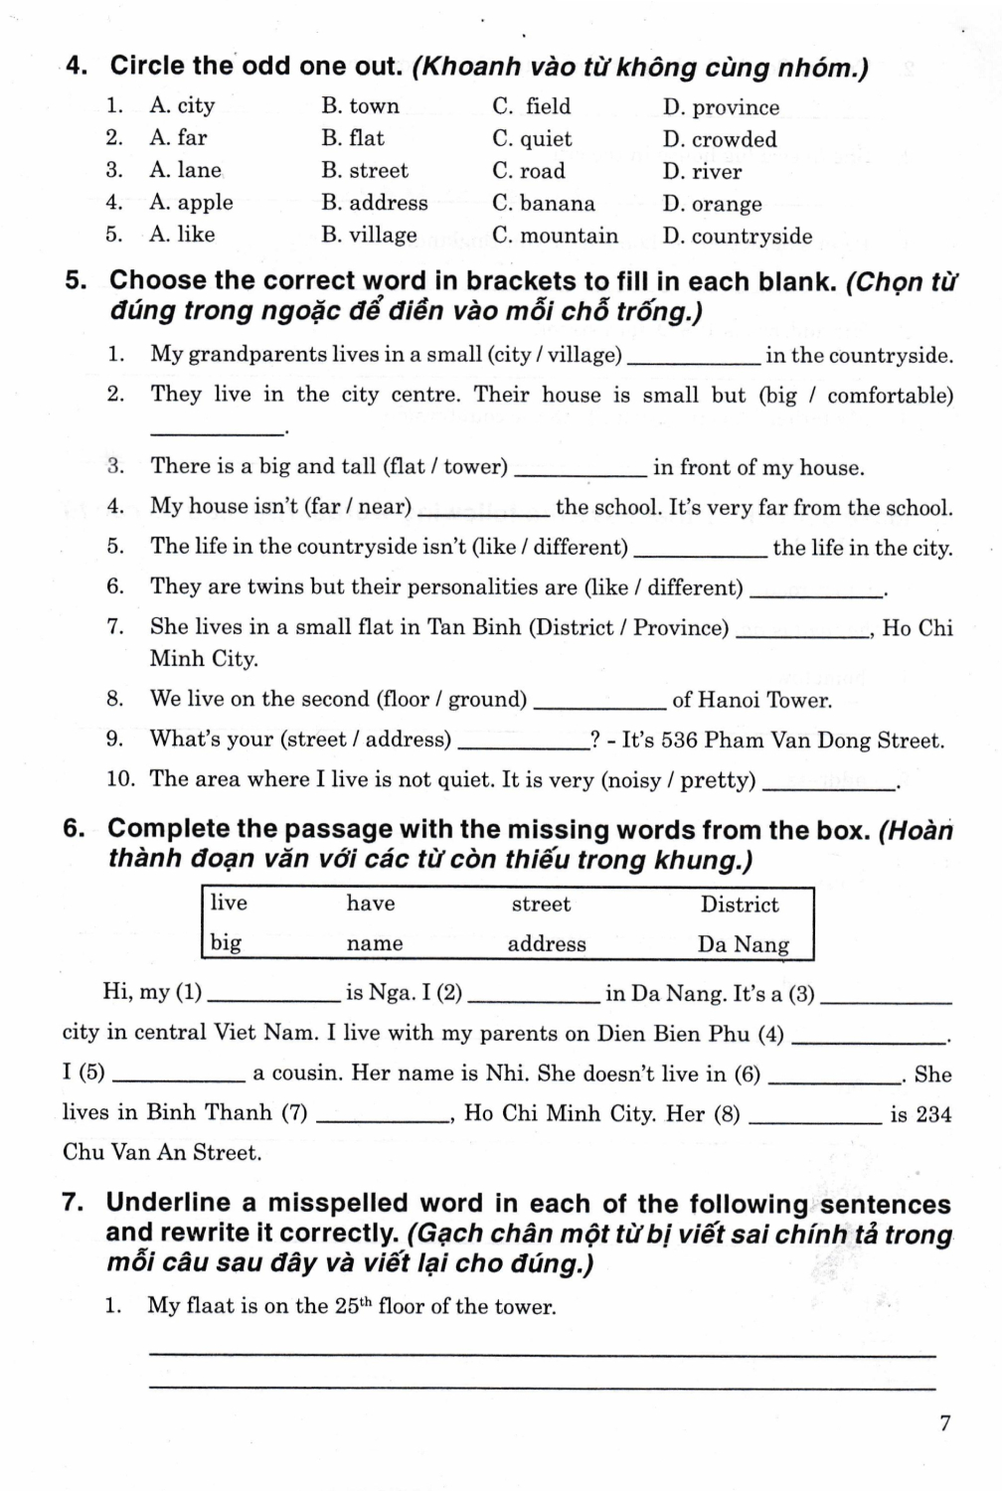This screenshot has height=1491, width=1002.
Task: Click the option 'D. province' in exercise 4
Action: (721, 107)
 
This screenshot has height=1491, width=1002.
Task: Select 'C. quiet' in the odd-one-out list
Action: (532, 139)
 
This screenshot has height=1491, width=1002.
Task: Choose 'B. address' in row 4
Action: (374, 204)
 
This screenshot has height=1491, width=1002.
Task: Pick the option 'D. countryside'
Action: (737, 237)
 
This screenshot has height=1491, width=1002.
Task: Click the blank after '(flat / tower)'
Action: (583, 470)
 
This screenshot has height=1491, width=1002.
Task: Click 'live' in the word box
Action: (229, 903)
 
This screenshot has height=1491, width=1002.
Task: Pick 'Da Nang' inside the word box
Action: (743, 944)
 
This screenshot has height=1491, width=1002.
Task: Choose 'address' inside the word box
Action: (547, 944)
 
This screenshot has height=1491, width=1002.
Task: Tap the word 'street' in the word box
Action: (541, 905)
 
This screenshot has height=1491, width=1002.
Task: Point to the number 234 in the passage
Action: (933, 1115)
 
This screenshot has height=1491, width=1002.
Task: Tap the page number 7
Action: (944, 1423)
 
